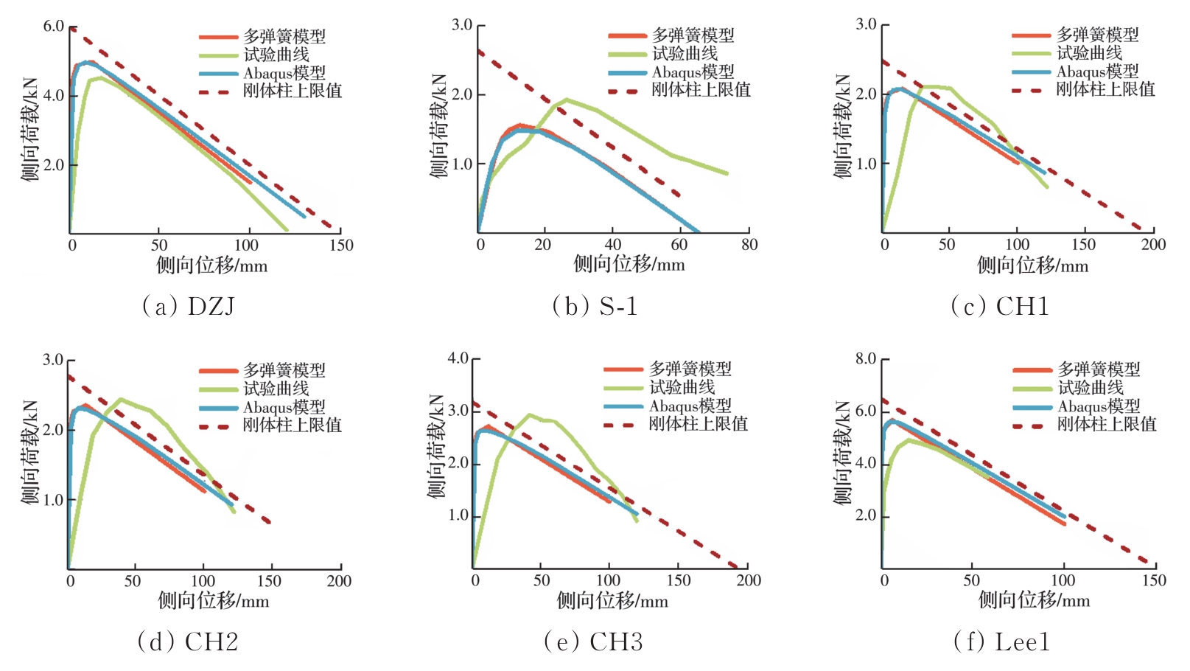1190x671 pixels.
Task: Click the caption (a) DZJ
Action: [189, 306]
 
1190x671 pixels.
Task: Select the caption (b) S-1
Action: [595, 306]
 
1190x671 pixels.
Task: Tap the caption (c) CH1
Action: [1000, 306]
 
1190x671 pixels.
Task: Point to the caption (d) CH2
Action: [188, 642]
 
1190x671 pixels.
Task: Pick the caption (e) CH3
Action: [593, 642]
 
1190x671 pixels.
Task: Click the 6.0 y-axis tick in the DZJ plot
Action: [53, 27]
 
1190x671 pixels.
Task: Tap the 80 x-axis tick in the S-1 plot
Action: [749, 245]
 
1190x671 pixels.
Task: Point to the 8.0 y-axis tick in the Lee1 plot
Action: [865, 359]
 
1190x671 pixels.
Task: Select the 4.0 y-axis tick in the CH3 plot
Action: [458, 359]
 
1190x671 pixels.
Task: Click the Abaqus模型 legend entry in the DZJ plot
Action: [284, 73]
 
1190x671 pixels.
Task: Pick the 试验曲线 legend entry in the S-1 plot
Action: [685, 54]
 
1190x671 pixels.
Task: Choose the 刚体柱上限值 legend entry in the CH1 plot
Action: [1105, 89]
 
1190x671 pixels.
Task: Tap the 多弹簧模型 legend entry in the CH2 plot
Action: [284, 370]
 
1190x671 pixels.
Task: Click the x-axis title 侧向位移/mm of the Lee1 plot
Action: [1034, 600]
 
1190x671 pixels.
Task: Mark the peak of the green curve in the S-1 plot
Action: [566, 99]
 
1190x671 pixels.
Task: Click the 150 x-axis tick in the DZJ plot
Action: [341, 246]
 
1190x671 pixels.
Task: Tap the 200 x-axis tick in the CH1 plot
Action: [1153, 245]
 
